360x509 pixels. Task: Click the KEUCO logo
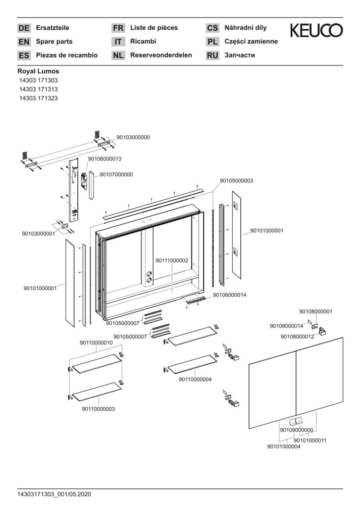(x=316, y=31)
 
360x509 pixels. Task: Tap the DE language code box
(x=24, y=28)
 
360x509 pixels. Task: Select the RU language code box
(x=213, y=56)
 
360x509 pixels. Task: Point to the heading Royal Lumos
(x=38, y=72)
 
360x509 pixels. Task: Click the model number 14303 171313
(x=39, y=90)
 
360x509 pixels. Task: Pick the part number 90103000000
(x=133, y=138)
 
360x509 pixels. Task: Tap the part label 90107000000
(x=116, y=174)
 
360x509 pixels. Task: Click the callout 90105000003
(x=237, y=181)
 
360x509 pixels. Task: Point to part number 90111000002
(x=172, y=260)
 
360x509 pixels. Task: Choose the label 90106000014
(x=230, y=295)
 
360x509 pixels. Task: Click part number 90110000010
(x=97, y=343)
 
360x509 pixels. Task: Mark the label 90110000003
(x=98, y=409)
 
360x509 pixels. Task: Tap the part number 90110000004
(x=195, y=379)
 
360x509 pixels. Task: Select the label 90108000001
(x=316, y=312)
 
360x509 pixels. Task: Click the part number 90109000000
(x=296, y=430)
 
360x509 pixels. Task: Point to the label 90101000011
(x=310, y=440)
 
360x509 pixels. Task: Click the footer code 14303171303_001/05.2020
(x=54, y=494)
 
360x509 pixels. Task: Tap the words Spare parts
(x=54, y=41)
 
